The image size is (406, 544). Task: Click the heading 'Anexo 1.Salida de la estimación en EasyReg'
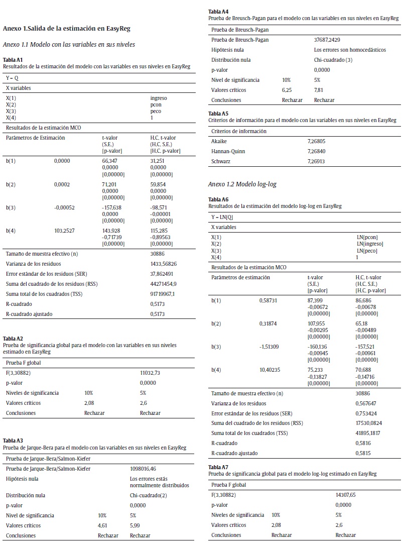[67, 29]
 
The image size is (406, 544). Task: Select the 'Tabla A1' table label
[13, 60]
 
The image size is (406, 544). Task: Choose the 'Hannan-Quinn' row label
[228, 151]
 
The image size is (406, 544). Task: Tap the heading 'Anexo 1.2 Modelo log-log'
[242, 184]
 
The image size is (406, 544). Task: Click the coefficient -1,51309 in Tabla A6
[272, 347]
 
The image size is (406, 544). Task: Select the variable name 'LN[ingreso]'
[370, 244]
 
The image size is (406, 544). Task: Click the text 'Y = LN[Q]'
[223, 217]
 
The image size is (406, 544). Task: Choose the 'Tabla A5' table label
[218, 114]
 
